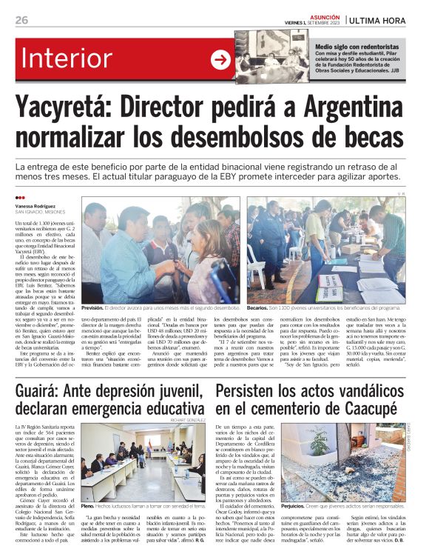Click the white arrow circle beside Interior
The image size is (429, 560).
[x=221, y=60]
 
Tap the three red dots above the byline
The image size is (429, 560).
[x=20, y=198]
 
